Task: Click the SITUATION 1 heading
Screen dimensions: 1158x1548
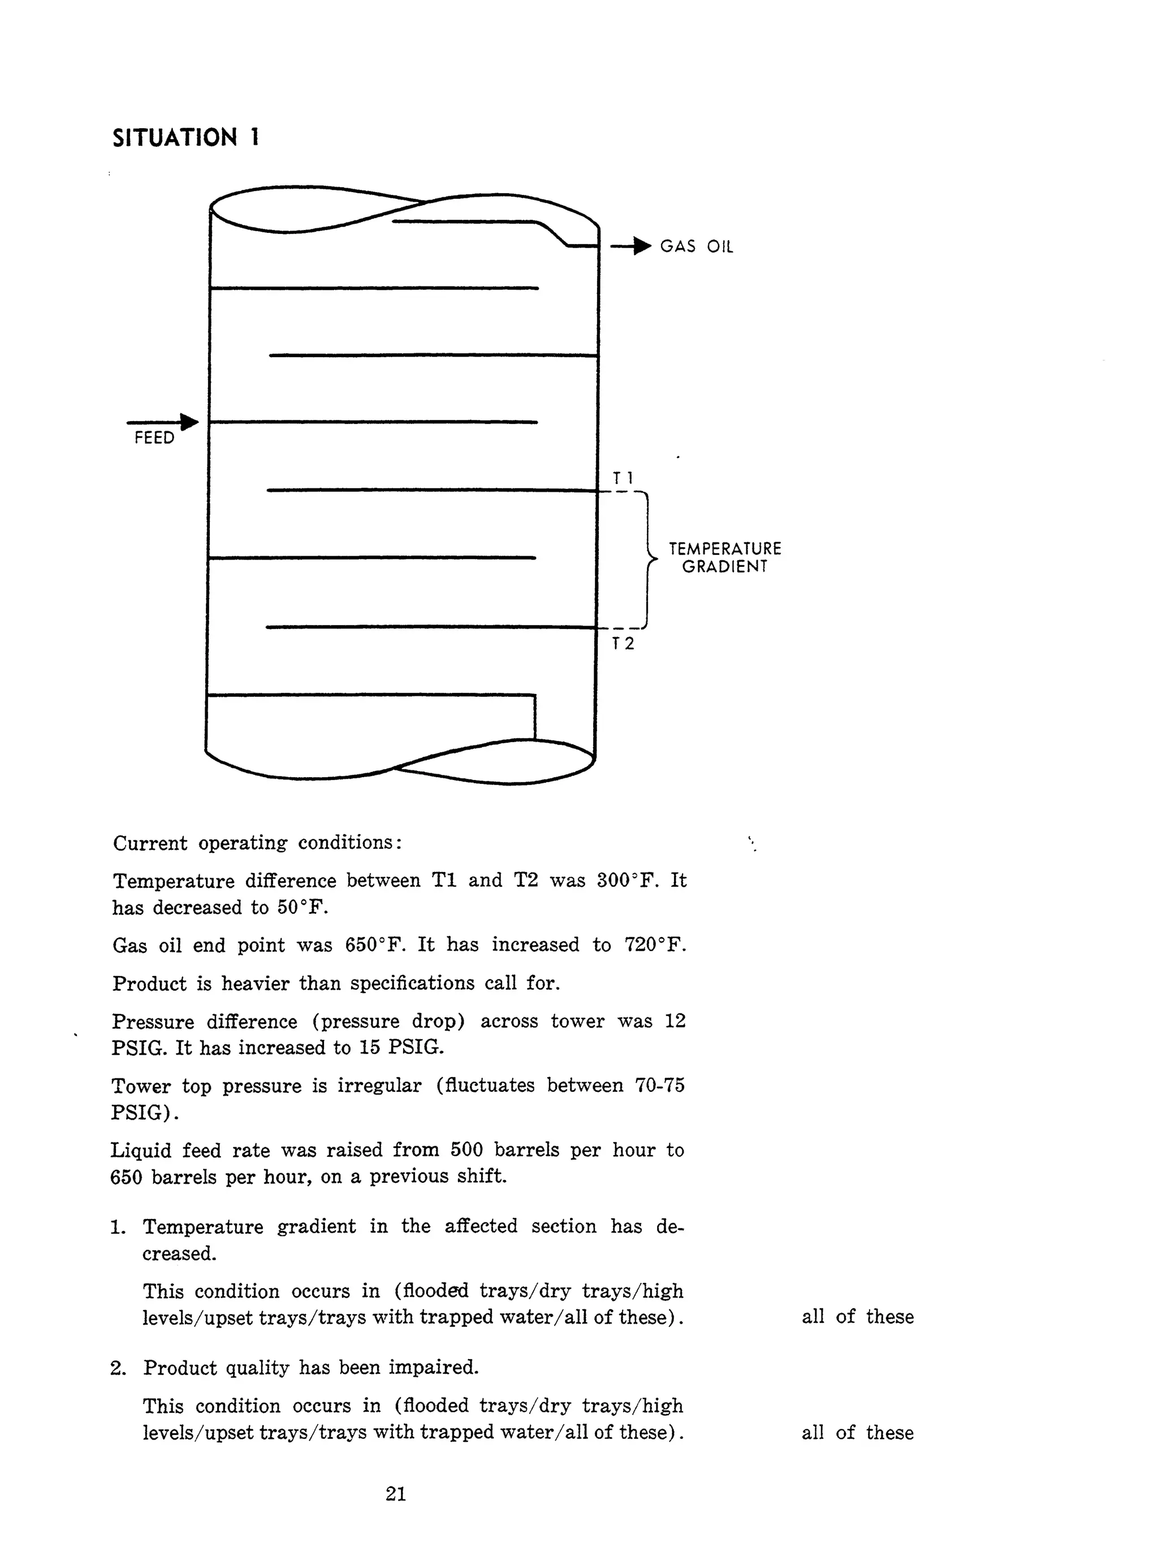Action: (185, 138)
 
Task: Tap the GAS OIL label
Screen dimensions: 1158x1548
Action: (697, 246)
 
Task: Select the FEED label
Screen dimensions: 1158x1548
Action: (154, 438)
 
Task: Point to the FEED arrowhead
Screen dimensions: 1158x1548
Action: (189, 422)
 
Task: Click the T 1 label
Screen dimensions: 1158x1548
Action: (623, 478)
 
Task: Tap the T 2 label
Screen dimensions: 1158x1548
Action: (623, 644)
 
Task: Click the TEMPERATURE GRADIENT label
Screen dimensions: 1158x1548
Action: (725, 558)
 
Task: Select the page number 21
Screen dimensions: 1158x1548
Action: (396, 1494)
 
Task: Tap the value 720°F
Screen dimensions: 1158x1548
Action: (655, 945)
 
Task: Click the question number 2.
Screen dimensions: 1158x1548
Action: (118, 1368)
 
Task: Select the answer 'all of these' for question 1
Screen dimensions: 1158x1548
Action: (857, 1316)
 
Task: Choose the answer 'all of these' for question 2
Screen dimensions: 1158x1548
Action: (857, 1433)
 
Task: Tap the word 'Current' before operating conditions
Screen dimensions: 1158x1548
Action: (150, 843)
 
